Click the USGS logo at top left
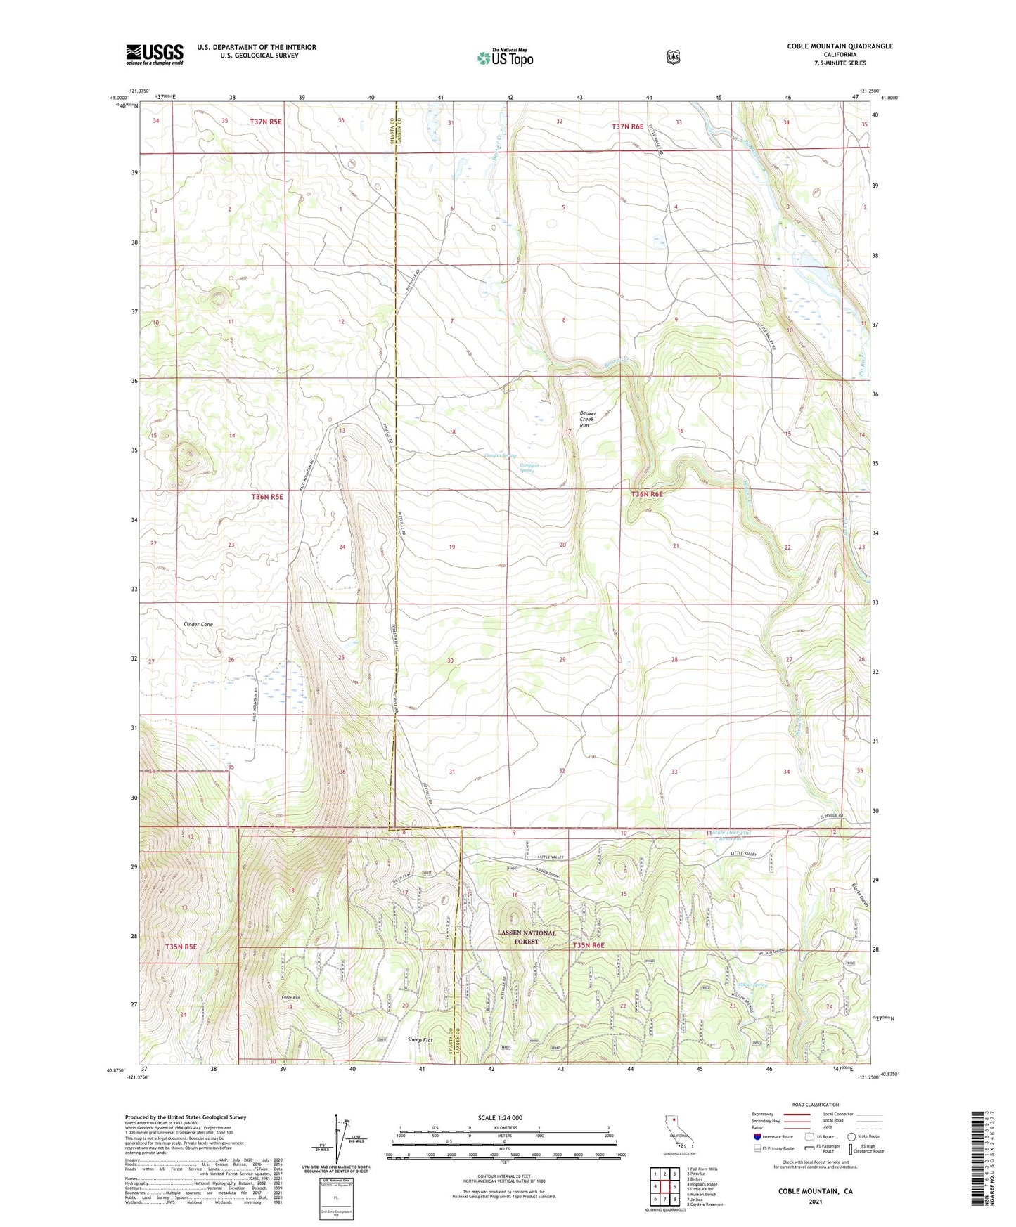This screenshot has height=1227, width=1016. click(x=155, y=54)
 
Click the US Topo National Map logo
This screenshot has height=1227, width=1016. click(x=505, y=57)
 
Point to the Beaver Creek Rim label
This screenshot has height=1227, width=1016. click(x=587, y=420)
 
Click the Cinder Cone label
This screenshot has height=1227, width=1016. click(x=198, y=624)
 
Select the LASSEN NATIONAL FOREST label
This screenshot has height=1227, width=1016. click(x=527, y=937)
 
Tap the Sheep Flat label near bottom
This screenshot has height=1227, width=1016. click(x=420, y=1039)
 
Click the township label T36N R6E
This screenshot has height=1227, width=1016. click(x=646, y=494)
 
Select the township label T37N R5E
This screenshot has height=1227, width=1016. click(x=266, y=122)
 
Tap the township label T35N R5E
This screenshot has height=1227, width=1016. click(x=181, y=947)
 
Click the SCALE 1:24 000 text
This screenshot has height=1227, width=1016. click(x=499, y=1118)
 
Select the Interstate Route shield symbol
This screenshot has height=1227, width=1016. click(x=757, y=1136)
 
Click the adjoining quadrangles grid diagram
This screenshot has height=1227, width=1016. click(x=664, y=1183)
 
